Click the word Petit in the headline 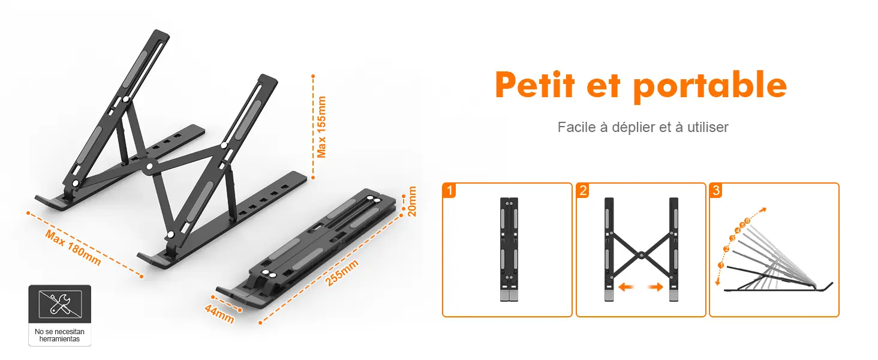pos(535,85)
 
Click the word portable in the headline pos(710,87)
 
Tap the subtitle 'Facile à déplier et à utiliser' pos(643,127)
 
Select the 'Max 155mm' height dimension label pos(321,127)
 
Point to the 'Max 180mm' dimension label pos(73,247)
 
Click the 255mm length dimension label pos(342,272)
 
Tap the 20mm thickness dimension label pos(411,201)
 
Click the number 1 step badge pos(449,191)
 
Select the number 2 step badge pos(583,191)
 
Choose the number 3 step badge pos(716,191)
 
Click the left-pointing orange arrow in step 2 pos(626,287)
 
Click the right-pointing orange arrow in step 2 pos(656,287)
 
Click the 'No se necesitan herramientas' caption pos(59,335)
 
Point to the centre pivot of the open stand pos(149,167)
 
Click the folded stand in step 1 pos(509,250)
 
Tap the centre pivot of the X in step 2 pos(641,256)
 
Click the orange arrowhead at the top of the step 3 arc pos(763,210)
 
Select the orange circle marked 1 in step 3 pos(721,265)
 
